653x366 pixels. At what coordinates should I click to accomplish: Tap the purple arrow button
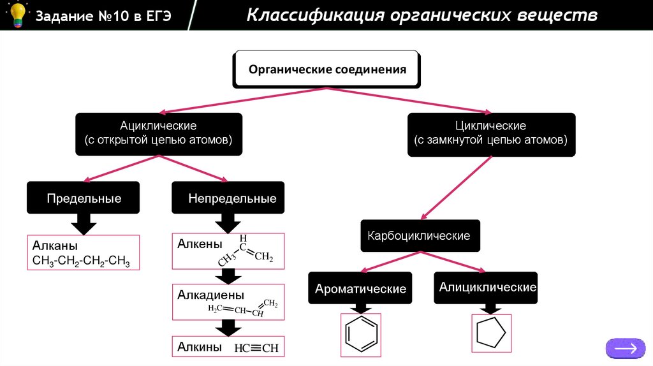625,348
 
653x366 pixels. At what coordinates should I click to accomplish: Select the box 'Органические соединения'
327,69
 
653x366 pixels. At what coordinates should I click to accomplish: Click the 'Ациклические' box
159,134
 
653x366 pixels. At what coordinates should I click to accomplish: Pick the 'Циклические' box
490,134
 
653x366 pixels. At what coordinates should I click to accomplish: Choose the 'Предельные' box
84,198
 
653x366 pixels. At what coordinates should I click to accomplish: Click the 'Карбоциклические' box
419,236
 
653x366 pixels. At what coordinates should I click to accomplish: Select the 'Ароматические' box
360,289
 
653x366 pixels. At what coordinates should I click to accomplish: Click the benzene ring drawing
361,334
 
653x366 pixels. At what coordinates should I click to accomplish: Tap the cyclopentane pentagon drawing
491,333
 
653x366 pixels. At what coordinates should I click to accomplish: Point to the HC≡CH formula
256,349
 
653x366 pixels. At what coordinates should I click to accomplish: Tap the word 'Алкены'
200,244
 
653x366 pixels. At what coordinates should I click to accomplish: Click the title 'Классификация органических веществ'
422,15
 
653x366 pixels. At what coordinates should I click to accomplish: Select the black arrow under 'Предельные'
83,224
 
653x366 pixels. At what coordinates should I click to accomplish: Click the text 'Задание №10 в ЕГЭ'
103,15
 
